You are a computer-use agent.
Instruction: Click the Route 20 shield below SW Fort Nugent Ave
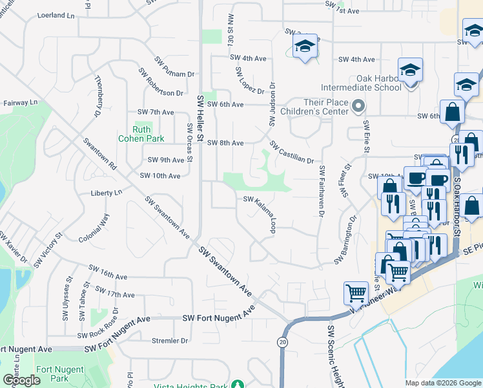pyautogui.click(x=283, y=341)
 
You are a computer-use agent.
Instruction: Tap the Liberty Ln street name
pyautogui.click(x=106, y=193)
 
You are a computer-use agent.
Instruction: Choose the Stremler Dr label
pyautogui.click(x=169, y=340)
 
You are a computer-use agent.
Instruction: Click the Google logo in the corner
pyautogui.click(x=21, y=380)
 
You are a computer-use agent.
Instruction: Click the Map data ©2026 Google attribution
pyautogui.click(x=442, y=382)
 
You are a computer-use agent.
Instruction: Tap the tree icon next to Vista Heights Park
pyautogui.click(x=239, y=385)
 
